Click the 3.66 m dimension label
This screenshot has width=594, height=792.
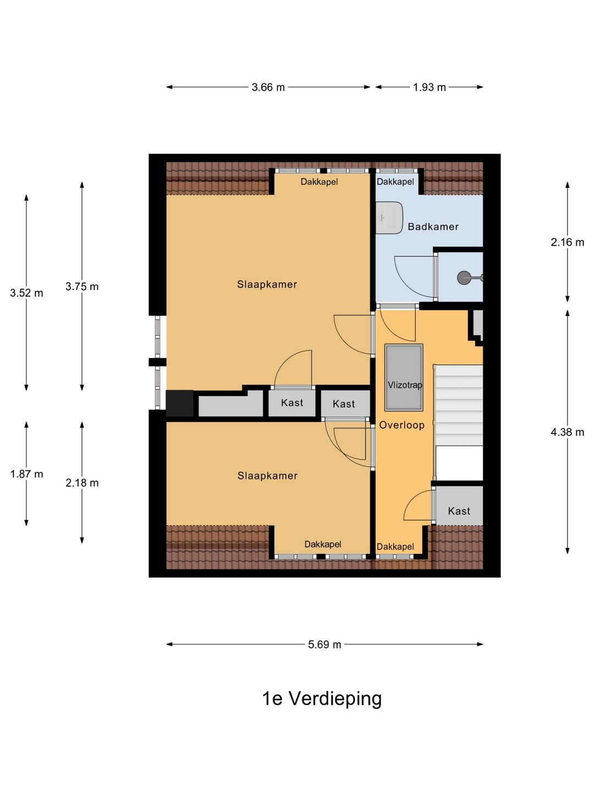click(x=268, y=87)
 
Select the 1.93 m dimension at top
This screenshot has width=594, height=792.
click(x=429, y=87)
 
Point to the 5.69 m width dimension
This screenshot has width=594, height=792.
click(x=324, y=645)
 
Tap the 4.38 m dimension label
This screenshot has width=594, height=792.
click(x=567, y=432)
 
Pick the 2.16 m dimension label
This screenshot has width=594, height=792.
click(x=567, y=242)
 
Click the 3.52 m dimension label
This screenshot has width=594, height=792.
click(x=26, y=293)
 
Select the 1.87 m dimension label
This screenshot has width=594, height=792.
click(x=26, y=474)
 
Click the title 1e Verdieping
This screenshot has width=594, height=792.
click(x=322, y=698)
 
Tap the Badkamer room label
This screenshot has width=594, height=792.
click(x=433, y=227)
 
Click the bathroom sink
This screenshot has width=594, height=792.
click(x=389, y=218)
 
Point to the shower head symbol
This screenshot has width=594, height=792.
click(x=465, y=278)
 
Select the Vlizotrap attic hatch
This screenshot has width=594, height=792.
click(x=404, y=378)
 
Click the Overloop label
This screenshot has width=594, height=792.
click(x=402, y=425)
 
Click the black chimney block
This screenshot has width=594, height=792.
click(x=179, y=403)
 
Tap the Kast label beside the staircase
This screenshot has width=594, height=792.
click(x=459, y=511)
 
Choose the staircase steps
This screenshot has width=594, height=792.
click(x=459, y=404)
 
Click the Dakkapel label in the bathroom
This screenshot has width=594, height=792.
click(x=395, y=182)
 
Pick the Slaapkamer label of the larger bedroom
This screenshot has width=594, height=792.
click(x=267, y=284)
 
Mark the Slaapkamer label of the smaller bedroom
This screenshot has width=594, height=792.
click(x=267, y=476)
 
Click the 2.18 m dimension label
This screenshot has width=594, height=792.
click(x=82, y=483)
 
